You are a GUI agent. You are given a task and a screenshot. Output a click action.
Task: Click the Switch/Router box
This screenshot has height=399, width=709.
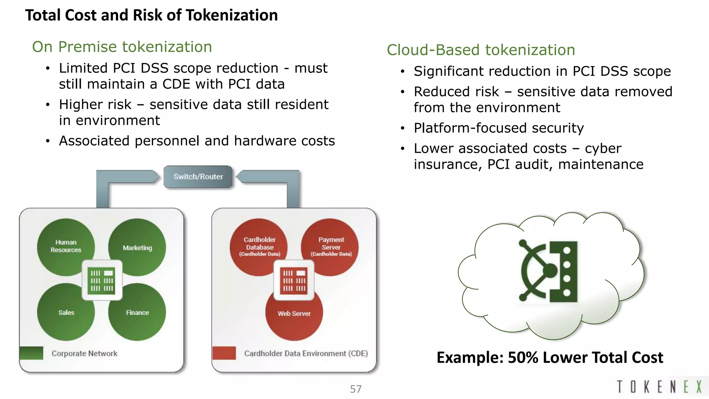198,177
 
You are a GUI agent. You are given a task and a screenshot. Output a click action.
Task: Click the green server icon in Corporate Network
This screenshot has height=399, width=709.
102,280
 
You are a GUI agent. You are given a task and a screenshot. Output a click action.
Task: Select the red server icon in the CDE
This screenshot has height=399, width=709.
294,280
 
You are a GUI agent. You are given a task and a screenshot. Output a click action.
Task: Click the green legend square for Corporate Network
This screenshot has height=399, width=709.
32,353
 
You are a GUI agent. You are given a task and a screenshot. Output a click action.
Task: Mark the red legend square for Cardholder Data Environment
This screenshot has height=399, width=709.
224,353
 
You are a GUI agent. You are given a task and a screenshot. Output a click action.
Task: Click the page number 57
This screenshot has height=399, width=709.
356,389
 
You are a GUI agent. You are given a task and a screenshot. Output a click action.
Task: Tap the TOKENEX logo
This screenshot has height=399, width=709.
659,387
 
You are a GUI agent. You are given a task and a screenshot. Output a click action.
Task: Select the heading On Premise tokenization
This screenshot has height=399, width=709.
122,47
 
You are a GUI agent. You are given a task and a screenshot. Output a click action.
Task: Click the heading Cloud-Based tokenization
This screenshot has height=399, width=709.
481,50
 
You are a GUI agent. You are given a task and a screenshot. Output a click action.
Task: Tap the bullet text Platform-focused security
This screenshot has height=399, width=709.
499,128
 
